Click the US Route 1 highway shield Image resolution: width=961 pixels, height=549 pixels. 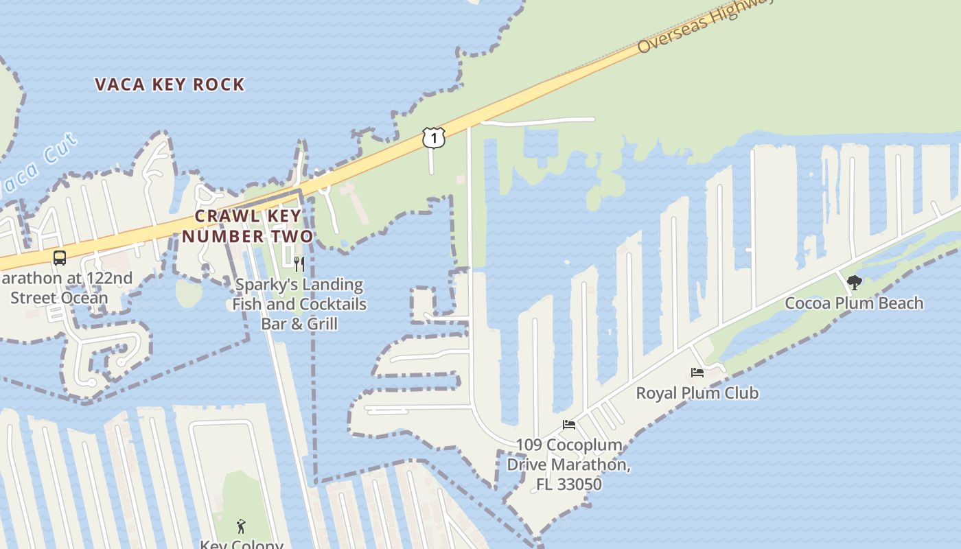(433, 137)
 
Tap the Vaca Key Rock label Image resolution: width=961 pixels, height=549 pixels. (170, 84)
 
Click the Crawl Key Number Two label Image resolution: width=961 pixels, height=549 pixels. (248, 226)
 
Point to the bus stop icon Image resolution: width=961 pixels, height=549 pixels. (60, 258)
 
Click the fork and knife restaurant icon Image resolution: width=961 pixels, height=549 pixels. (299, 264)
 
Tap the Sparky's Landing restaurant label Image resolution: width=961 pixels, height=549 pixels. (299, 303)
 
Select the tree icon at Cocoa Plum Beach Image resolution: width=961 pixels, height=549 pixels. (854, 282)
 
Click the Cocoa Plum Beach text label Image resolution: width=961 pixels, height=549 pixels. (854, 303)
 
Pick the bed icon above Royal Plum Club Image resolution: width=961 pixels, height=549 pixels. (697, 373)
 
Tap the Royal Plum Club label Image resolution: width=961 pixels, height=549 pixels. (697, 393)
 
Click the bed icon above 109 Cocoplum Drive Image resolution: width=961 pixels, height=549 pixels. (569, 425)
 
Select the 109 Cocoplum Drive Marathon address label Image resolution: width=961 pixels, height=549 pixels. (569, 465)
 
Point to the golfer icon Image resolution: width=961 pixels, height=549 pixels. (241, 526)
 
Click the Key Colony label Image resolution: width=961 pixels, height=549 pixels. (241, 544)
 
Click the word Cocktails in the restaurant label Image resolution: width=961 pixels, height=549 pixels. (327, 303)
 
